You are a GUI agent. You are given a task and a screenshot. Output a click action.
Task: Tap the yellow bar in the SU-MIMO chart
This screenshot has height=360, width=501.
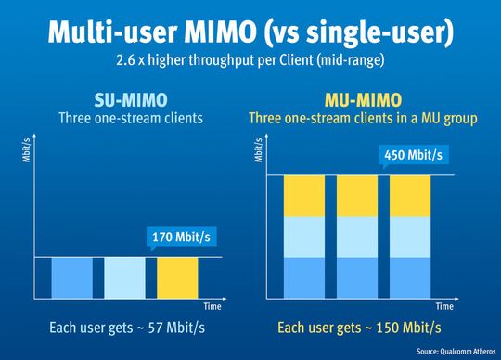(177, 278)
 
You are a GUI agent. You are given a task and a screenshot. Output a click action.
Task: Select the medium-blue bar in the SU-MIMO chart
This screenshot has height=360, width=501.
(71, 278)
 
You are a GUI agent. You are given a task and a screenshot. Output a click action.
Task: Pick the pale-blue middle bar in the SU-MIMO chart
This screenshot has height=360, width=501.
(124, 278)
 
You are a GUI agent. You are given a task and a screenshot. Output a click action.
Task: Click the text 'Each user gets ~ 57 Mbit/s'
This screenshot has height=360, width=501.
(125, 327)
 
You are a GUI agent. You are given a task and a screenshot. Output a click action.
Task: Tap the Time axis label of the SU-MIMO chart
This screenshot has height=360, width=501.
(212, 305)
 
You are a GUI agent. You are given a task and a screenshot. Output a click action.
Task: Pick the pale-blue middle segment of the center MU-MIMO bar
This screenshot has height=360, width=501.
(355, 237)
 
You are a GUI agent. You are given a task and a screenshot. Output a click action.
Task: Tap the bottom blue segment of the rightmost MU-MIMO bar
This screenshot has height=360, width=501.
(409, 278)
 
